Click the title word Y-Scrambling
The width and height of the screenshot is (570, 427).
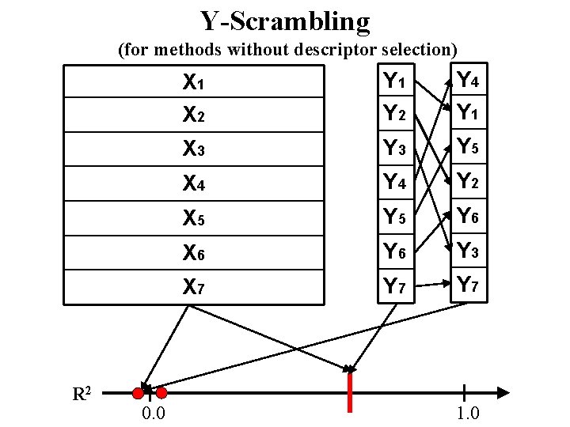285,21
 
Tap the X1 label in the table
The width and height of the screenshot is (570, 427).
194,81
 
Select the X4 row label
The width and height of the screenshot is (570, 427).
194,183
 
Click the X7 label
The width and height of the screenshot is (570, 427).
194,287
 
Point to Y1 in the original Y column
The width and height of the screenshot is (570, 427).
395,81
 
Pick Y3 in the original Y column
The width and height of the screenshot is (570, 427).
395,149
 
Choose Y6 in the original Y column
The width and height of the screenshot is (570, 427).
395,251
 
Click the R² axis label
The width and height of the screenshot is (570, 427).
82,393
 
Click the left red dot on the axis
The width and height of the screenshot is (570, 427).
138,392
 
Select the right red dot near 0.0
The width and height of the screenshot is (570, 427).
161,392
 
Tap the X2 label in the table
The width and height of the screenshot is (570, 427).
194,115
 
